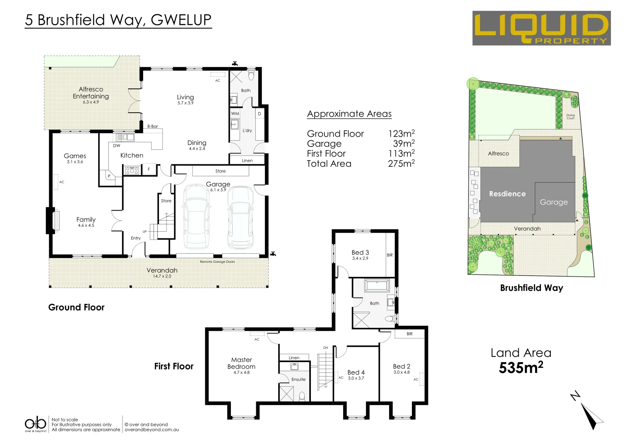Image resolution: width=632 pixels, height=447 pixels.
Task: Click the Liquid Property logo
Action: [541, 28]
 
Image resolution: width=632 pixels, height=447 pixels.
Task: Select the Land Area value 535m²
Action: [521, 368]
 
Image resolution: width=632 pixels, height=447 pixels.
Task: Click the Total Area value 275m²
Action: [401, 163]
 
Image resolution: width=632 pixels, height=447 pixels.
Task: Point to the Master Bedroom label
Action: [241, 363]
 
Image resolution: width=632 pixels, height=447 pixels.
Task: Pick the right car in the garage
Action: [240, 217]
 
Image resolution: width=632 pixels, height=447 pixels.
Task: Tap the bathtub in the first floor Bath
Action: [377, 286]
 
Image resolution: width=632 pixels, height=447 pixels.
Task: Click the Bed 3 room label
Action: [360, 252]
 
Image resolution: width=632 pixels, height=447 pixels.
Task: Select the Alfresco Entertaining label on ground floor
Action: [91, 93]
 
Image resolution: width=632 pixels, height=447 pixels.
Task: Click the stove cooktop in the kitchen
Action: [132, 170]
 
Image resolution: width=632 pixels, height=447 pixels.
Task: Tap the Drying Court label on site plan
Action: [570, 117]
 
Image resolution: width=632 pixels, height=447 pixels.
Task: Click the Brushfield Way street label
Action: [531, 288]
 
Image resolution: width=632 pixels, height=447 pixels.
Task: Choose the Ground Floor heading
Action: [77, 307]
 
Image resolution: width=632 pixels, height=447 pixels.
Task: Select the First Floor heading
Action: [174, 366]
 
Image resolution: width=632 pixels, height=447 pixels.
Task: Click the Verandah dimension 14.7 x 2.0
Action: [162, 276]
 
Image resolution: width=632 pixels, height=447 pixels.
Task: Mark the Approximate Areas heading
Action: [349, 114]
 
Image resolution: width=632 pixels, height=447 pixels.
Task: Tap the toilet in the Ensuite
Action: [302, 396]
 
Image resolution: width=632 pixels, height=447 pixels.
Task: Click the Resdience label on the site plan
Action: [507, 194]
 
